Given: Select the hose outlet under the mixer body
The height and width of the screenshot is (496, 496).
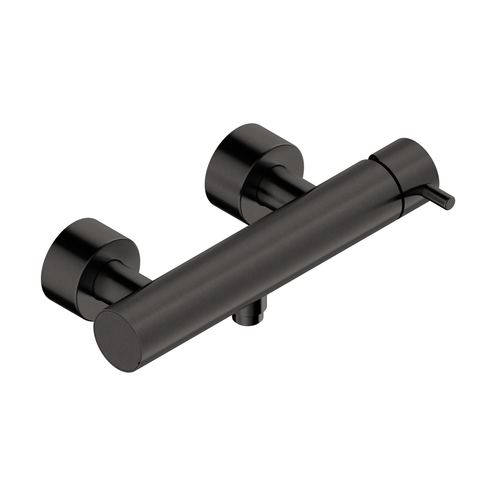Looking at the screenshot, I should (248, 316).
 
